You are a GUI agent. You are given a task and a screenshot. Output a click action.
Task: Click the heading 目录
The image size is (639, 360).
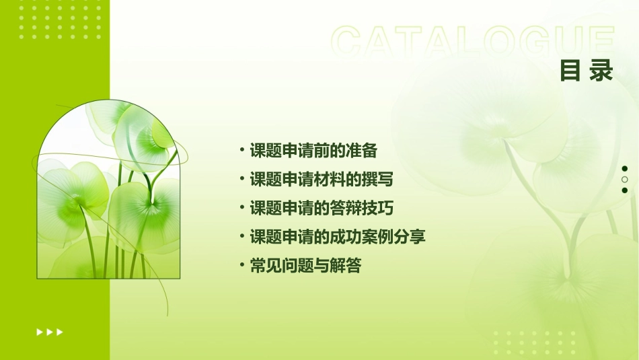click(x=587, y=71)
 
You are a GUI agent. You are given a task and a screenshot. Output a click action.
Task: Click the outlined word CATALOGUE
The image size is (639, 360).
click(x=472, y=42)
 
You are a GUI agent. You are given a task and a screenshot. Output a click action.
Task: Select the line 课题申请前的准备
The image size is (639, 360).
click(x=313, y=150)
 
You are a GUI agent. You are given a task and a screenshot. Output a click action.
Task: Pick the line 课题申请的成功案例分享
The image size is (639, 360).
click(x=338, y=237)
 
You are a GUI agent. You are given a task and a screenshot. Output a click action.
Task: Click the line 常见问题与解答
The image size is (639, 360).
click(x=305, y=266)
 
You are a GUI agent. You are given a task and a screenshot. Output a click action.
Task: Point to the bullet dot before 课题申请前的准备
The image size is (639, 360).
click(x=242, y=149)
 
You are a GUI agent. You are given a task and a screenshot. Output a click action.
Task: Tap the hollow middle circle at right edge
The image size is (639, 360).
click(x=625, y=180)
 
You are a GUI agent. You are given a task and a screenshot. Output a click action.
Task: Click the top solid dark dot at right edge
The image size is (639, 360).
click(x=625, y=169)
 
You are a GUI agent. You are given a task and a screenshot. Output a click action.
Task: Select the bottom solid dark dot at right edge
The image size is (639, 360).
click(x=625, y=190)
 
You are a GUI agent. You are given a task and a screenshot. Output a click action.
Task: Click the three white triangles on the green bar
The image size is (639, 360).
click(x=50, y=332)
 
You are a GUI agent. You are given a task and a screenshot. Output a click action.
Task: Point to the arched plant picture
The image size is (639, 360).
click(x=108, y=191)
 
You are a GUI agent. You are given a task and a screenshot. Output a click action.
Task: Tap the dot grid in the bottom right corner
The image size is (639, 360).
click(x=535, y=343)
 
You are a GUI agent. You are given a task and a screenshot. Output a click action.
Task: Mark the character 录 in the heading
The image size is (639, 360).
click(x=601, y=71)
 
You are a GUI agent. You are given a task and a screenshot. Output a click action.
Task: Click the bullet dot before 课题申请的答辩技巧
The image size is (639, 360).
click(x=242, y=207)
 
